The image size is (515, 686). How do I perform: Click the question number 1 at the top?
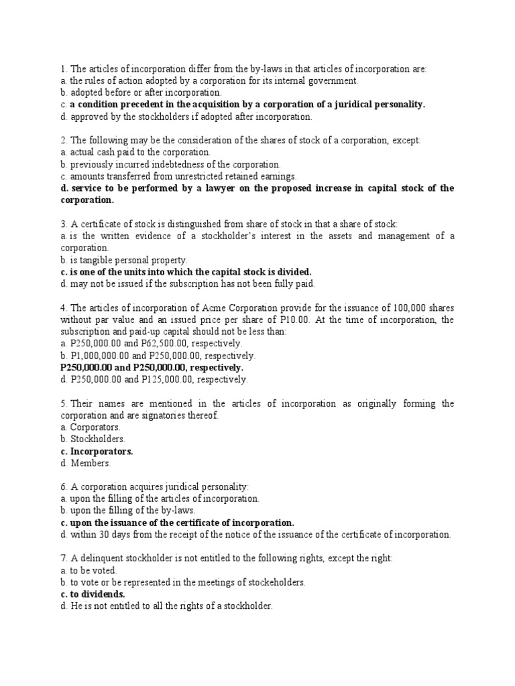[x=62, y=69]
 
